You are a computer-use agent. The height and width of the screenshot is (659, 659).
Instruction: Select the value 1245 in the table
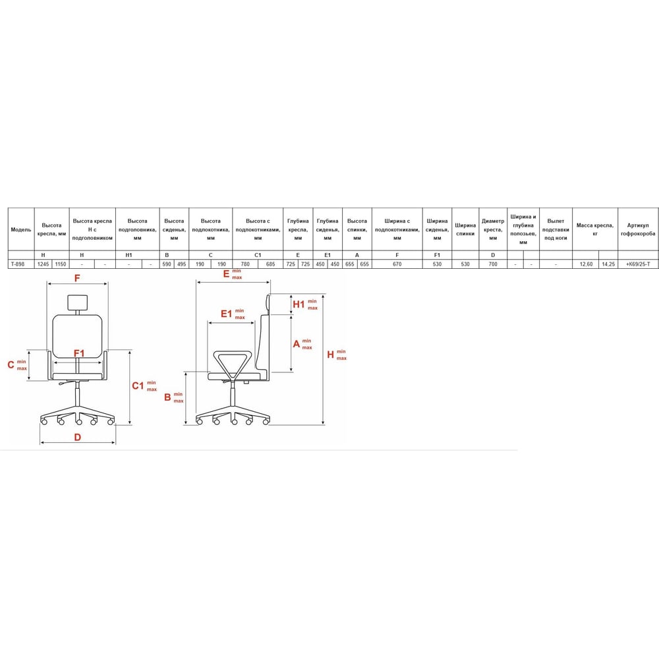(x=43, y=264)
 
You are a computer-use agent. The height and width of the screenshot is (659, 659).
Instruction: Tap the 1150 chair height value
(x=60, y=264)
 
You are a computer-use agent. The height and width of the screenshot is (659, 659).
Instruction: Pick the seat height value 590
(x=167, y=264)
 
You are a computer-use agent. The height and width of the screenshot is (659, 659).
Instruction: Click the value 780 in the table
(x=245, y=264)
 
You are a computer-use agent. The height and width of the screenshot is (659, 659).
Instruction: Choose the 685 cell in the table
(x=270, y=264)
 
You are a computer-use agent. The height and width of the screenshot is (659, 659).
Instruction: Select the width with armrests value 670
(x=397, y=264)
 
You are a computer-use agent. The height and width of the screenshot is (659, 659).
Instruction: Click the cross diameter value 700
(x=492, y=264)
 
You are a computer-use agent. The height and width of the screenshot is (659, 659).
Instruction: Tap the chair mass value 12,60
(x=585, y=264)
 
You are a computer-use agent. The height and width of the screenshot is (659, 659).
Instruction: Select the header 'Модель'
(x=20, y=230)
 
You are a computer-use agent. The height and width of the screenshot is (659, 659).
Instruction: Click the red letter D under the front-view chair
(x=77, y=437)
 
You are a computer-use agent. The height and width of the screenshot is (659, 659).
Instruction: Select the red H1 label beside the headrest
(x=299, y=304)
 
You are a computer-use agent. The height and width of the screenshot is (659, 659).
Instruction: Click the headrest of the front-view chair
(x=78, y=302)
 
